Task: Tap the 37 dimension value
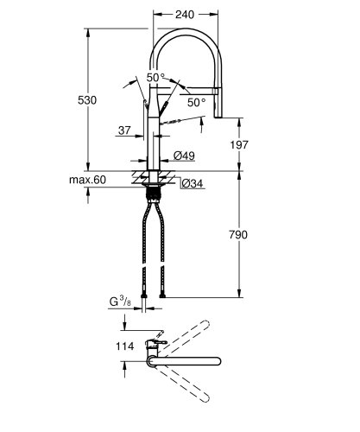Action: (x=126, y=131)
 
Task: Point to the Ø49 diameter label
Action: (x=183, y=155)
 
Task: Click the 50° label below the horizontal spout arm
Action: (x=198, y=103)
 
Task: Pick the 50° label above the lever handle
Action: (x=155, y=78)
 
